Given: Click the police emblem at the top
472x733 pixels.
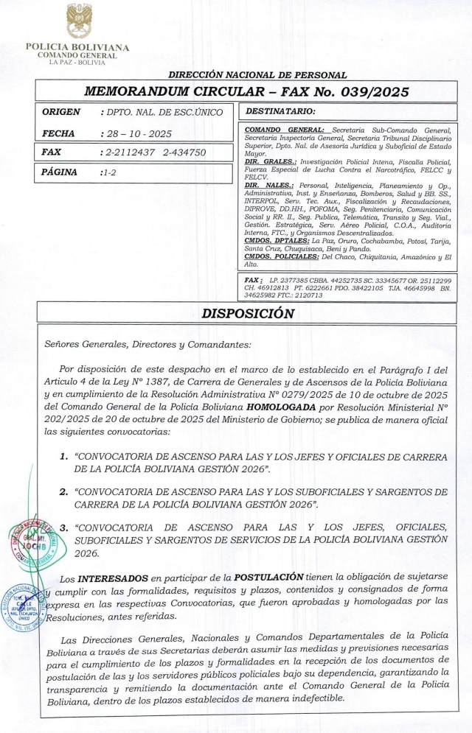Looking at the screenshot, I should coord(78,21).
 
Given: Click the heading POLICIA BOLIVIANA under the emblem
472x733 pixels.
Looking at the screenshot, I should coord(77,48).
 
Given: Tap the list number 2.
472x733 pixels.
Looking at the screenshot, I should coord(63,490).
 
